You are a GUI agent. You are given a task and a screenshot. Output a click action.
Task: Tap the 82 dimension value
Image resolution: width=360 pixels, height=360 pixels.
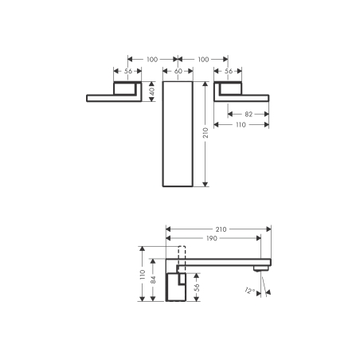pyautogui.click(x=249, y=114)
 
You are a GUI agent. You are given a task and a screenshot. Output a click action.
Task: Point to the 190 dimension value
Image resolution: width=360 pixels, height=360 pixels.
pyautogui.click(x=212, y=237)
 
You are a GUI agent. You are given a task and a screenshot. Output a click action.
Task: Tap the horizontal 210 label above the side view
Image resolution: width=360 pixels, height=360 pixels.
pyautogui.click(x=220, y=229)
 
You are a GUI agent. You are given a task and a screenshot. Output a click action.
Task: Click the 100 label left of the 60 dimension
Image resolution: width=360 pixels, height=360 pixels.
pyautogui.click(x=152, y=60)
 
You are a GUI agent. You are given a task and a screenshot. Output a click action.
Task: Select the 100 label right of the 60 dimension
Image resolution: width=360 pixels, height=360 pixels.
pyautogui.click(x=202, y=60)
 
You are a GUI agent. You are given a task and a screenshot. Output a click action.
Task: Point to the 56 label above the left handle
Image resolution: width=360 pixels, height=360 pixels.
pyautogui.click(x=129, y=72)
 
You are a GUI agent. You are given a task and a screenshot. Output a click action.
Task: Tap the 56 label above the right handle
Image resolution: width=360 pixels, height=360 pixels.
pyautogui.click(x=228, y=72)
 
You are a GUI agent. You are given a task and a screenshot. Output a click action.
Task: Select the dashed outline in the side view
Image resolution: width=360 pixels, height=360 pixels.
pyautogui.click(x=182, y=259)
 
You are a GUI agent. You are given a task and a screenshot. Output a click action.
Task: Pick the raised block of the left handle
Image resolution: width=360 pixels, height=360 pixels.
pyautogui.click(x=129, y=88)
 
